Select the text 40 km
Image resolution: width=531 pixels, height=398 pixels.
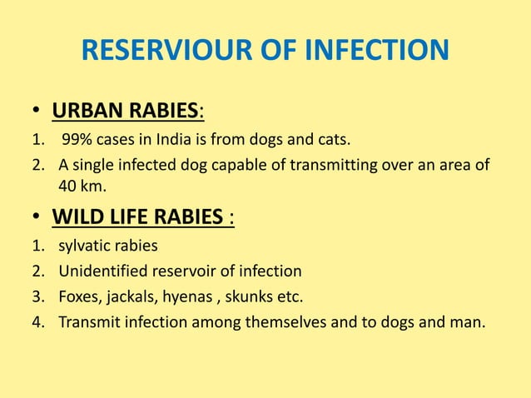click(x=82, y=186)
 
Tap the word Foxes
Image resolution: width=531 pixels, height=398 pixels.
click(x=78, y=296)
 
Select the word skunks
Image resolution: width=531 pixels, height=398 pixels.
click(x=250, y=296)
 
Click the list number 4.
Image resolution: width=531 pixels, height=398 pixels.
click(x=37, y=321)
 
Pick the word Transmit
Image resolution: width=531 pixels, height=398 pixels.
click(x=87, y=321)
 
